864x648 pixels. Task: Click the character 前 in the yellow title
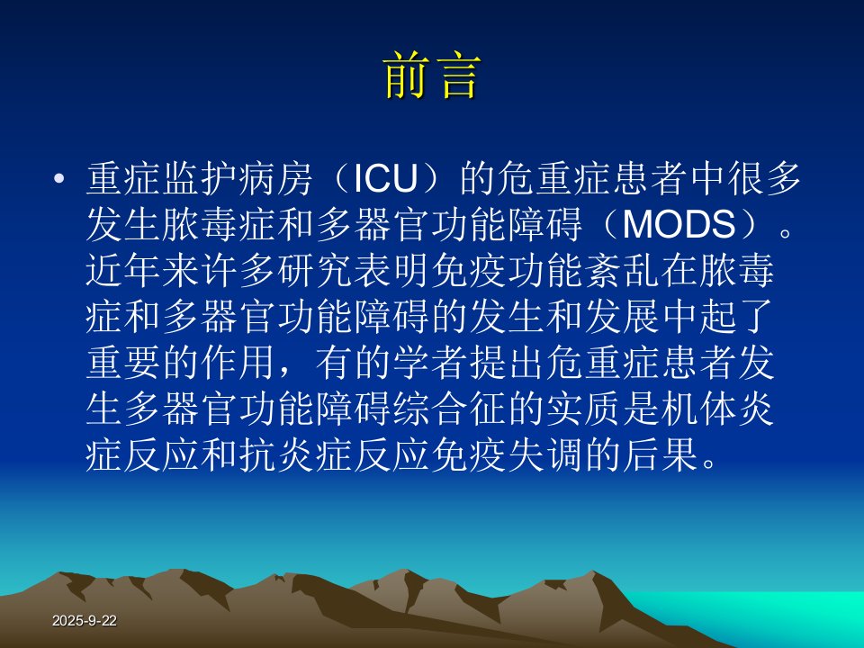(x=406, y=76)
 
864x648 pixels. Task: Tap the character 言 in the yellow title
(x=457, y=76)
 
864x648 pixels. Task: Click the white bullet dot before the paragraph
(x=59, y=178)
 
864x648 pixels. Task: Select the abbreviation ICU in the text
(x=384, y=178)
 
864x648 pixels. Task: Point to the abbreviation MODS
(x=679, y=225)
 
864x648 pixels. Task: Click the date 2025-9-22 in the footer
(x=85, y=620)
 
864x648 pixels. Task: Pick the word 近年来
(x=143, y=271)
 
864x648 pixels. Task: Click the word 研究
(x=316, y=271)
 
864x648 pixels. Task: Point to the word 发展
(x=623, y=317)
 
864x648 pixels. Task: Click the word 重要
(x=124, y=363)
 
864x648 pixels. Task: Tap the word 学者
(x=431, y=363)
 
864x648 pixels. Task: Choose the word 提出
(x=508, y=363)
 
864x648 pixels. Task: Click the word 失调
(x=546, y=455)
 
